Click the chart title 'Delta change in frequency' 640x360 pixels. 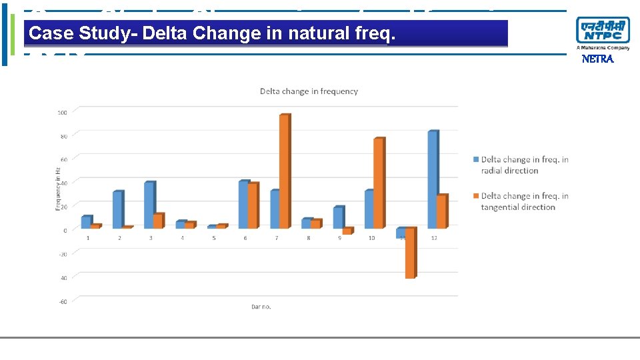click(x=309, y=91)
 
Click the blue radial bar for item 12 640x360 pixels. click(x=432, y=180)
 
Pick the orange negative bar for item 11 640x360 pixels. click(x=409, y=253)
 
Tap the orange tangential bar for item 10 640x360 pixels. click(x=378, y=183)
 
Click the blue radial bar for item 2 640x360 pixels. click(x=117, y=210)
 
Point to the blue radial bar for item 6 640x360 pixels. click(x=243, y=205)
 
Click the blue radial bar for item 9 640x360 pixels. click(x=338, y=218)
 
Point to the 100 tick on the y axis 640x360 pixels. click(x=62, y=112)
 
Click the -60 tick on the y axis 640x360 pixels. click(x=62, y=301)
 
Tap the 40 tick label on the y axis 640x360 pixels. click(x=63, y=183)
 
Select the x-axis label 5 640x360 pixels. click(x=214, y=238)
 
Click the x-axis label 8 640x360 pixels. click(x=308, y=238)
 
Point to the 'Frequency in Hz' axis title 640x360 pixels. click(x=57, y=189)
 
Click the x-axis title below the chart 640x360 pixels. click(x=261, y=307)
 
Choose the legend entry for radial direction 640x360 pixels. click(x=524, y=165)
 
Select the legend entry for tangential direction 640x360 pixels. click(x=524, y=201)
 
